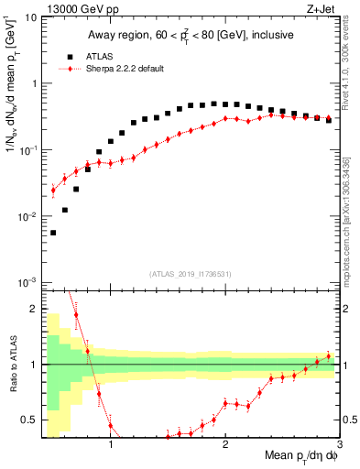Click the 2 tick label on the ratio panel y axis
(x=34, y=310)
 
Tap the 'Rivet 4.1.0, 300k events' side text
(x=351, y=64)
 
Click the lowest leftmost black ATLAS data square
(x=53, y=233)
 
